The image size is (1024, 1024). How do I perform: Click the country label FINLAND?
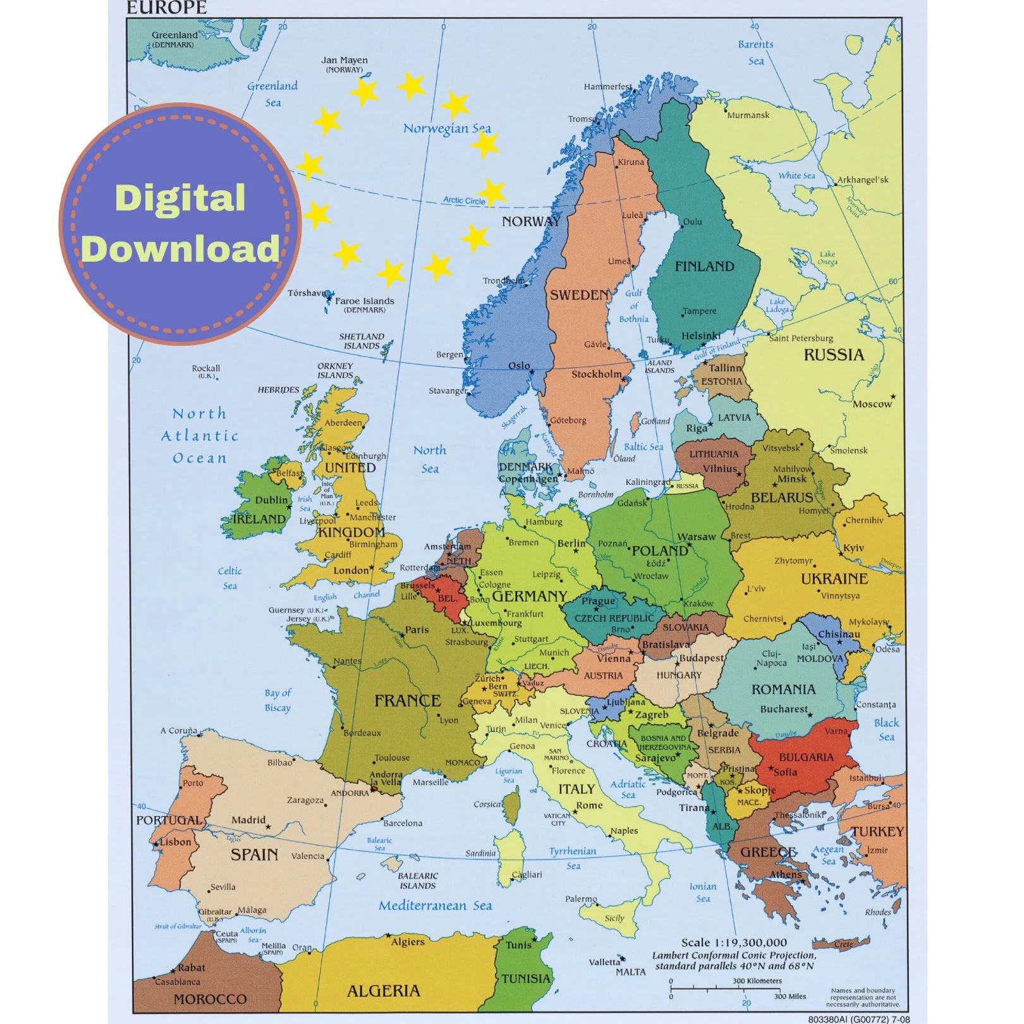(704, 267)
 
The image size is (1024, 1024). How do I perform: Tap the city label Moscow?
(872, 404)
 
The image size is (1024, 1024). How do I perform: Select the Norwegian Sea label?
(447, 128)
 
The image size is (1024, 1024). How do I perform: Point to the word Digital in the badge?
(180, 198)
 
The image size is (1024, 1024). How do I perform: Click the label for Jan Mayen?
(344, 61)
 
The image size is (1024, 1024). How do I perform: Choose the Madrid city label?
(248, 820)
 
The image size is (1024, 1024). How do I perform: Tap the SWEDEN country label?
(579, 295)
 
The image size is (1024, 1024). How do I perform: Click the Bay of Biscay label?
(277, 700)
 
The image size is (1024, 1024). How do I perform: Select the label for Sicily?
(614, 918)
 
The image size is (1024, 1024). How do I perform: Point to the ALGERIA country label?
(383, 990)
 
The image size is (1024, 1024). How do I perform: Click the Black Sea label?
(886, 729)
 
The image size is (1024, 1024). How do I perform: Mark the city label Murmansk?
(748, 115)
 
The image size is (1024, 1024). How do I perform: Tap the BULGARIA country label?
(806, 757)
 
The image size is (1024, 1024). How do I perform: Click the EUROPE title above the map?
(166, 8)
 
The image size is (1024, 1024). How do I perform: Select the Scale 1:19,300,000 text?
(734, 942)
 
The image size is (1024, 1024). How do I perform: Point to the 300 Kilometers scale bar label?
(757, 981)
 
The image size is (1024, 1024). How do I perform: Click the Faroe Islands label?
(364, 301)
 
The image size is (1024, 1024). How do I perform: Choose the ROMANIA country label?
(783, 690)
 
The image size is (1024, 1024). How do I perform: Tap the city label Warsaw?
(697, 537)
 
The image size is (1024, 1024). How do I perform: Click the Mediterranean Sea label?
(435, 906)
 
